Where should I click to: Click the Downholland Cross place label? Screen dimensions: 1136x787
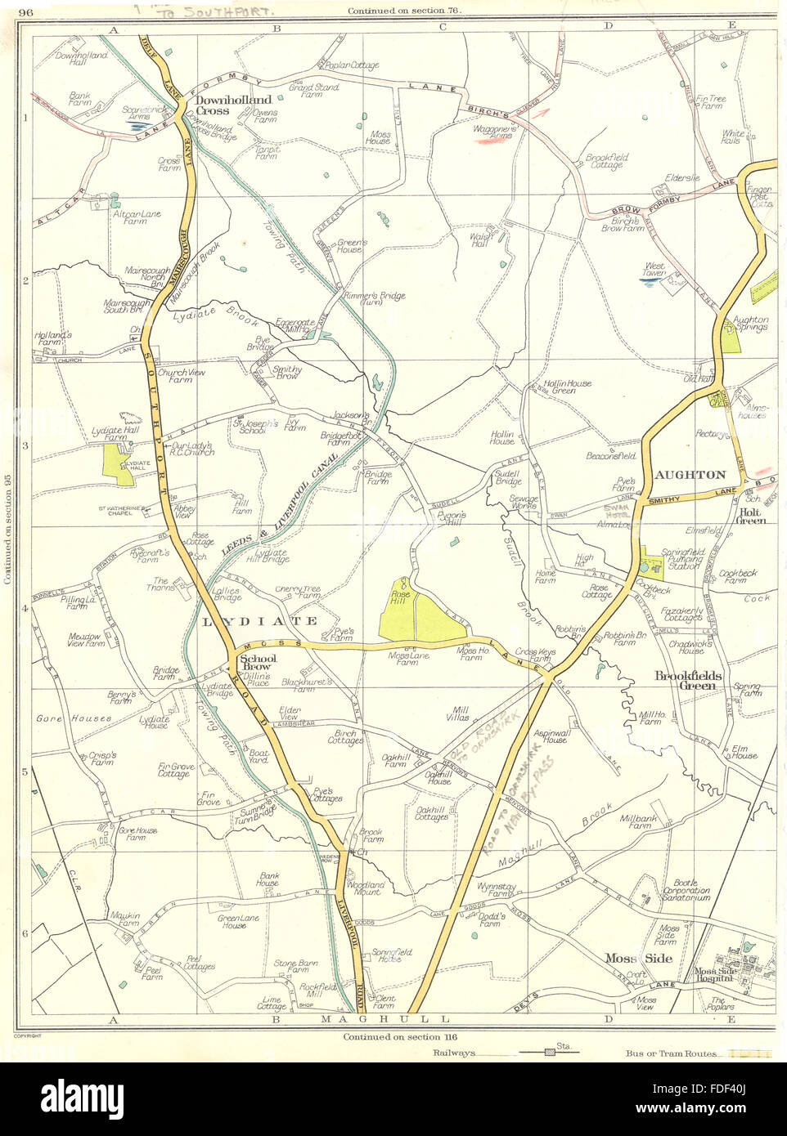pos(223,105)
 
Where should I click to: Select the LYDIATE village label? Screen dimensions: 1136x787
pos(259,621)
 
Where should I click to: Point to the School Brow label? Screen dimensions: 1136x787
pos(258,663)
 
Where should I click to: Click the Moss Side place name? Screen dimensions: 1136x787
pos(638,958)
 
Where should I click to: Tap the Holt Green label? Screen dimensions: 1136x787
pos(750,516)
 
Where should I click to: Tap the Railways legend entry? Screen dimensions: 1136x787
pos(455,1053)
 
